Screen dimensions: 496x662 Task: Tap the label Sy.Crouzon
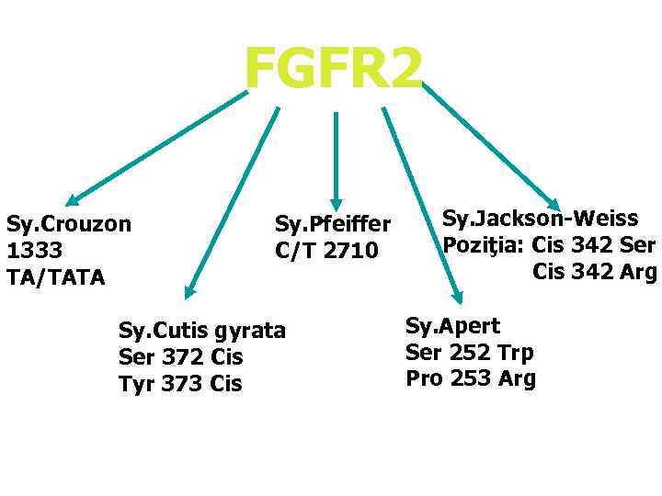click(68, 223)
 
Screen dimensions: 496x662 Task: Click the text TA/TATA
click(55, 276)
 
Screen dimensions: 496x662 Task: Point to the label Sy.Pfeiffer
click(333, 224)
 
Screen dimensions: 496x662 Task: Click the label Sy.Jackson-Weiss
click(540, 219)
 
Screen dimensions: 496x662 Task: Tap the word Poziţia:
click(484, 245)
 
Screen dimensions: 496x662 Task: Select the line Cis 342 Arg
click(594, 272)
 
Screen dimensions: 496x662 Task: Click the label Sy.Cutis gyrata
click(202, 330)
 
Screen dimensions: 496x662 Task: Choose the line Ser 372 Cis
click(180, 356)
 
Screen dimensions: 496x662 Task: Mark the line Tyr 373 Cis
click(180, 383)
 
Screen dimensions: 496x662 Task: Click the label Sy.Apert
click(452, 325)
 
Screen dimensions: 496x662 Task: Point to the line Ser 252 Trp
click(469, 352)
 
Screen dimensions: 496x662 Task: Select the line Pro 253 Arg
click(470, 378)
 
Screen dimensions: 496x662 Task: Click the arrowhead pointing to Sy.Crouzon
click(73, 198)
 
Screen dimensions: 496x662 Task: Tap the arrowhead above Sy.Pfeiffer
click(337, 204)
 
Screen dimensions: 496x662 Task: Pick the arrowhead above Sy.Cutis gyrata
click(189, 291)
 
